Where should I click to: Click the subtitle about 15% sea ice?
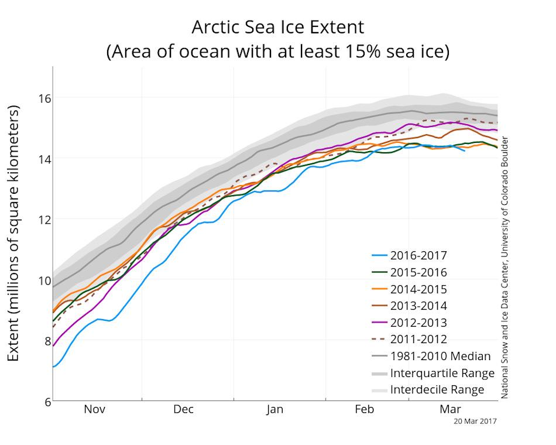277,52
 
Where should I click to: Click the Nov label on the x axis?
94,409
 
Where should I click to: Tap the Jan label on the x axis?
274,409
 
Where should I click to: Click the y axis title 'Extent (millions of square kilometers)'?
13,234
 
